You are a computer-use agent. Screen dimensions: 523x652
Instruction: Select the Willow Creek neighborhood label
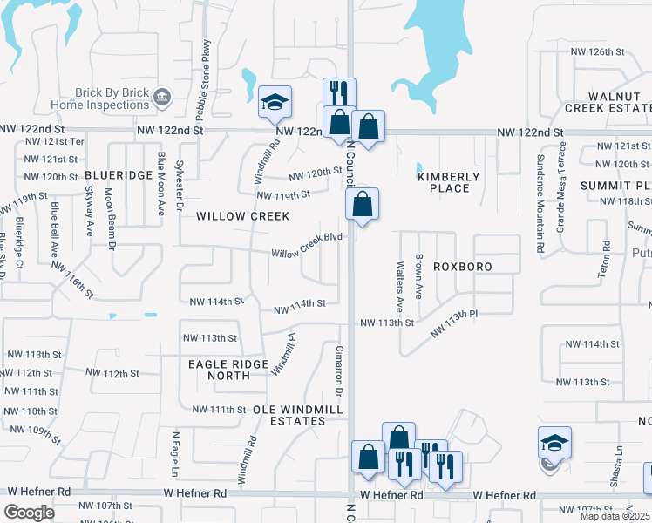click(x=229, y=215)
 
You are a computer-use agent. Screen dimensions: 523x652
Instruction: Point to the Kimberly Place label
click(x=449, y=182)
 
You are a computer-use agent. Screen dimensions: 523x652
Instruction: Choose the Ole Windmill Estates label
click(x=289, y=414)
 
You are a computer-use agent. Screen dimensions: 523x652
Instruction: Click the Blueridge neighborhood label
click(x=119, y=175)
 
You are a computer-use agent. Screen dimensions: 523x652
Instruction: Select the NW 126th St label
click(x=598, y=51)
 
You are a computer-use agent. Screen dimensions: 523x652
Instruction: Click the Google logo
click(x=29, y=513)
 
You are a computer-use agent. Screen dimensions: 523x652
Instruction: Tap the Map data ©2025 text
click(x=614, y=516)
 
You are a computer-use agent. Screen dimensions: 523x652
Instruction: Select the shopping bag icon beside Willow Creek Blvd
click(x=362, y=206)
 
